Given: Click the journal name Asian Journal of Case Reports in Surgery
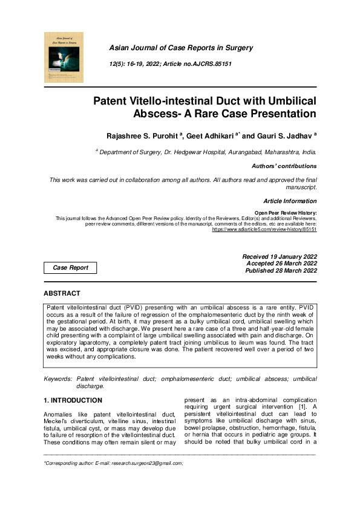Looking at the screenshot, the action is tap(181, 48).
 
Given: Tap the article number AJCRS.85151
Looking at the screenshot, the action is tap(209, 63).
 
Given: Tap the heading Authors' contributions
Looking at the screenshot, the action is tap(283, 166).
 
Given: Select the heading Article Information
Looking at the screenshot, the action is tap(290, 201).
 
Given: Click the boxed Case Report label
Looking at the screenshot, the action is tap(71, 267).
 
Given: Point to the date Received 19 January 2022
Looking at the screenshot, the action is tap(279, 256).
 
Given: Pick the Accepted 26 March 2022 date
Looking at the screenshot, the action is tap(281, 264).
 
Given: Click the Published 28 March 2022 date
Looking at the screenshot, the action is tap(280, 270).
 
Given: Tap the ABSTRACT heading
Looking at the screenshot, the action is tap(62, 293).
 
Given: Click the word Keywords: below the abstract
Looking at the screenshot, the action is tap(58, 378).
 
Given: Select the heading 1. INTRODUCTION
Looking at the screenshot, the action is tap(73, 400).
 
